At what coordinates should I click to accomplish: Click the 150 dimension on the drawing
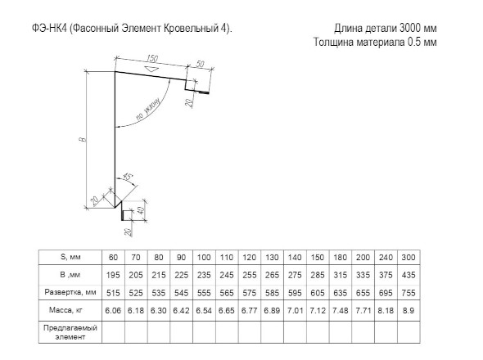coord(152,58)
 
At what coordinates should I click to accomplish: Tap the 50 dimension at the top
coord(200,64)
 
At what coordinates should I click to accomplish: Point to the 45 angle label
coord(128,177)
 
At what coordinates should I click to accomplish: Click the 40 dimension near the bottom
coord(140,211)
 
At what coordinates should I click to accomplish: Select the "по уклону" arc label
coord(148,109)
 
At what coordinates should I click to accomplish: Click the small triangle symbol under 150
coord(151,69)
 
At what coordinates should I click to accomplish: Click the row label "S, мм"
coord(70,257)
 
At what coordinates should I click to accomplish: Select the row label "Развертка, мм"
coord(70,292)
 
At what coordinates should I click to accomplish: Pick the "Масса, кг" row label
coord(65,310)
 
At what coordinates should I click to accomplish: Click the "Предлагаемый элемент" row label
coord(70,332)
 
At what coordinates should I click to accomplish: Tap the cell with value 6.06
coord(113,310)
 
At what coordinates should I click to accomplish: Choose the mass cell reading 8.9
coord(409,310)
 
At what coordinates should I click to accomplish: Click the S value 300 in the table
coord(409,257)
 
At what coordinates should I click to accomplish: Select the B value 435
coord(409,275)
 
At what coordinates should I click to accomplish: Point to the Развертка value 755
coord(409,293)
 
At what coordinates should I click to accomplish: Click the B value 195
coord(113,275)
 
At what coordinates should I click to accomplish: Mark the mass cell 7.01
coord(295,310)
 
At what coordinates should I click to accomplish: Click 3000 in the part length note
coord(410,28)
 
